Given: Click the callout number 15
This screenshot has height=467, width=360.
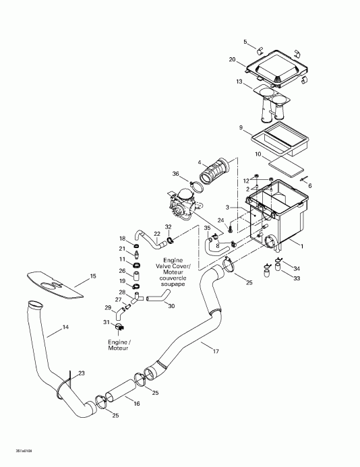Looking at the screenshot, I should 93,276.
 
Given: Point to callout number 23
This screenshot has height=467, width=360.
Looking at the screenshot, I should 82,373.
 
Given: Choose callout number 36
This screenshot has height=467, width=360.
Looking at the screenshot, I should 176,174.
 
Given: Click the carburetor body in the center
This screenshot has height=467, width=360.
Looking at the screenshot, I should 183,201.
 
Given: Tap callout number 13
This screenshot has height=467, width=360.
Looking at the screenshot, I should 239,82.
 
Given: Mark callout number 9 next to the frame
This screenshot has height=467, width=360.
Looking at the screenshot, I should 241,127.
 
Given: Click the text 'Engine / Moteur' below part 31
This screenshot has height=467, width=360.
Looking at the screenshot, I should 119,345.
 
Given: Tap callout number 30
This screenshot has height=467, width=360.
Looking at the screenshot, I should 171,306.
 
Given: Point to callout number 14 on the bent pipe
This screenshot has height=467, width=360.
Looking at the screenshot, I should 65,328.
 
